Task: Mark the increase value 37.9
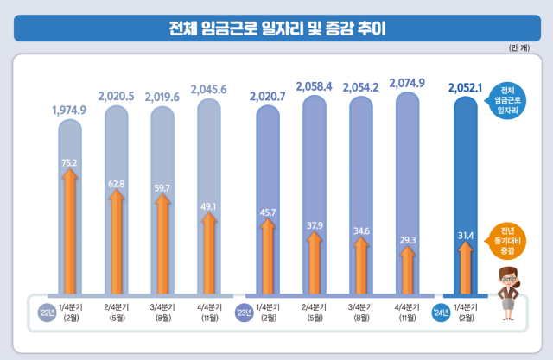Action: pos(315,227)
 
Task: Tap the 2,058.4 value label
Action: pos(315,86)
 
